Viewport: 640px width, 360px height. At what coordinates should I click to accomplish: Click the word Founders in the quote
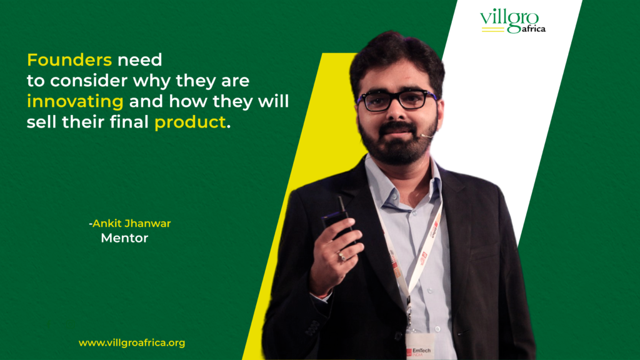69,61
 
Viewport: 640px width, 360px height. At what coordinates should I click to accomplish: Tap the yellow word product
189,122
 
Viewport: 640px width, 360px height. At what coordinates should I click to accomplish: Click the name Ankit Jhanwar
132,223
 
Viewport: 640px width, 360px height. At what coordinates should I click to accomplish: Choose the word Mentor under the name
124,238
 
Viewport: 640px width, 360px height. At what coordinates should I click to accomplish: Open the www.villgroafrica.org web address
132,342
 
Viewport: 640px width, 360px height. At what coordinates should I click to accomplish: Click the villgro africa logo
512,21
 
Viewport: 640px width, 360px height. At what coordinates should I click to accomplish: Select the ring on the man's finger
341,256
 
